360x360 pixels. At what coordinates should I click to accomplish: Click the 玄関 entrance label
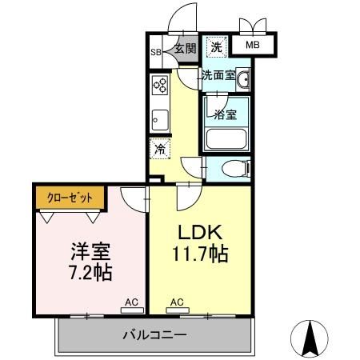click(x=185, y=49)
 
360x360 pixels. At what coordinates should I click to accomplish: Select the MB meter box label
click(x=252, y=45)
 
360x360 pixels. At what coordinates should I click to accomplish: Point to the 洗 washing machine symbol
click(x=216, y=47)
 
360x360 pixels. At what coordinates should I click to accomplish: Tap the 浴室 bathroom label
click(x=226, y=114)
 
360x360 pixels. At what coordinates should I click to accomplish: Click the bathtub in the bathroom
click(x=227, y=138)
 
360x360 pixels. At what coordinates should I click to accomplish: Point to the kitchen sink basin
click(x=158, y=119)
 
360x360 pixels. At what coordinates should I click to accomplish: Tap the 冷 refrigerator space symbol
click(x=160, y=148)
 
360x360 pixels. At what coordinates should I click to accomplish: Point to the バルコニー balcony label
click(x=155, y=334)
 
